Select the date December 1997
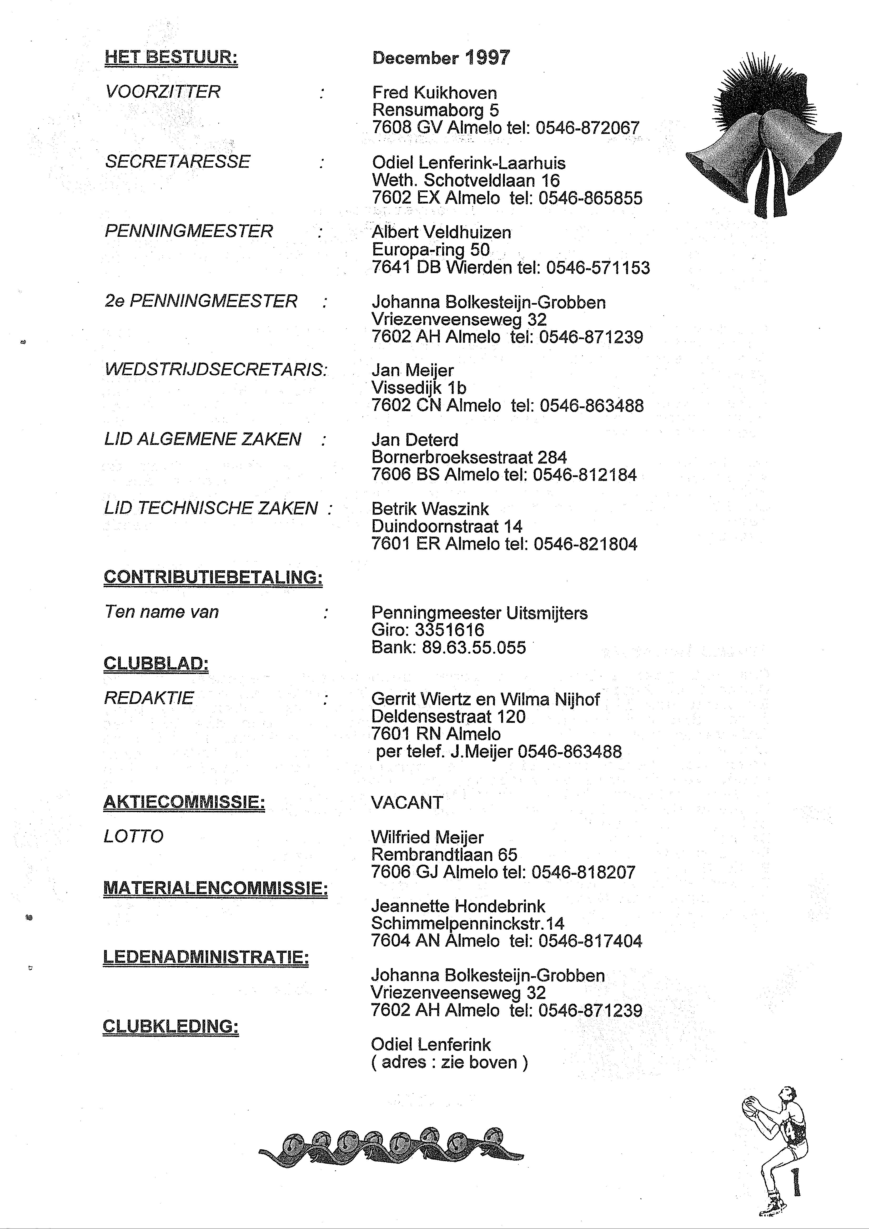[441, 58]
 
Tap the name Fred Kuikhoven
[434, 93]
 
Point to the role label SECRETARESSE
[178, 162]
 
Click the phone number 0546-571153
[598, 268]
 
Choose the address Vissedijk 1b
[419, 387]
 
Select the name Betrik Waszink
[430, 509]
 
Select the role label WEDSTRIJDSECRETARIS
[216, 370]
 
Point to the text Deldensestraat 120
[448, 717]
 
